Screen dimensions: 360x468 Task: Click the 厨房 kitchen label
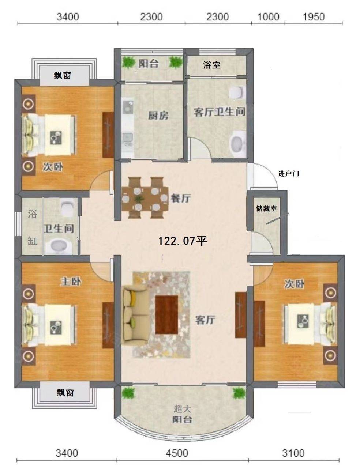coord(158,116)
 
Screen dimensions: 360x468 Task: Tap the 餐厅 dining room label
coord(181,198)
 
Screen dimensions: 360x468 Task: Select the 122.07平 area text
coord(183,241)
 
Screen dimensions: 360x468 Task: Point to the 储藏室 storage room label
coord(266,208)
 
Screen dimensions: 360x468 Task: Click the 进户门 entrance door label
coord(288,173)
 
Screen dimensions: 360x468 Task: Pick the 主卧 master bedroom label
coord(71,282)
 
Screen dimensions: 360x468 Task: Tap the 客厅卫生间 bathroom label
coord(219,112)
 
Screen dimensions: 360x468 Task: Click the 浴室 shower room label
coord(212,65)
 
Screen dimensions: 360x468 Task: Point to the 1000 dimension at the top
coord(268,16)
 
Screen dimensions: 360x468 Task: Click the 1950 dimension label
coord(314,16)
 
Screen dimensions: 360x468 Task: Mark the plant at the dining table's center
coord(139,199)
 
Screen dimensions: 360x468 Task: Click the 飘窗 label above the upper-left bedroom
coord(63,75)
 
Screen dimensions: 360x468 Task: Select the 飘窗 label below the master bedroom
coord(65,392)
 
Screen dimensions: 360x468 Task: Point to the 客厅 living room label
coord(205,320)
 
